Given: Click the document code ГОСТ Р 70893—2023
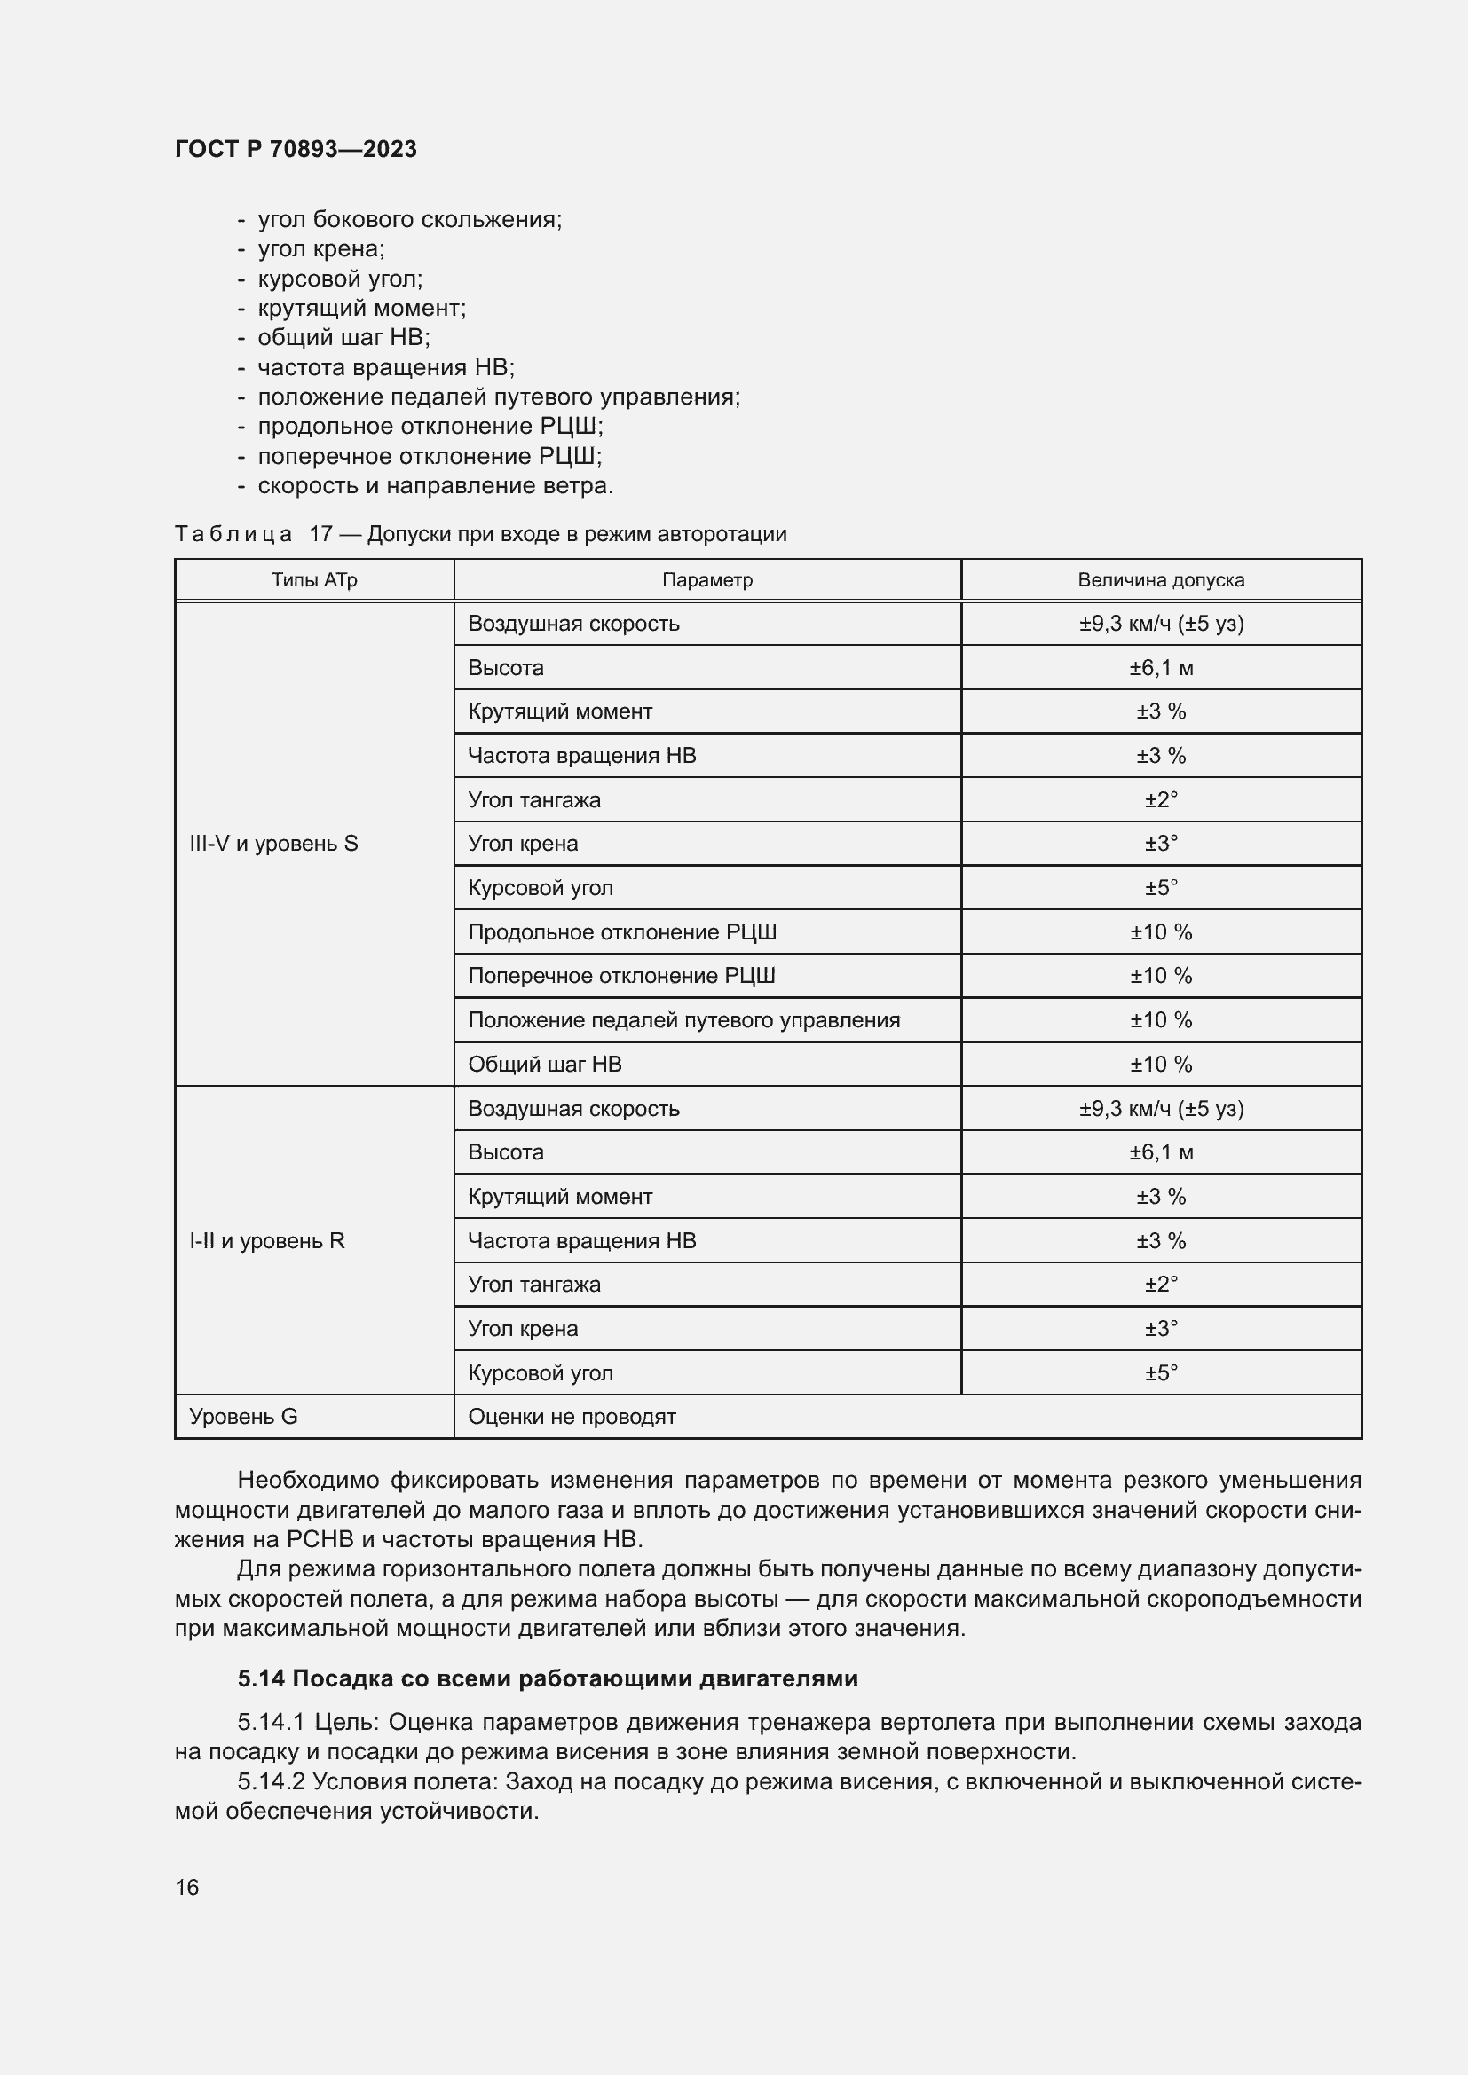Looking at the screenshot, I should (x=296, y=149).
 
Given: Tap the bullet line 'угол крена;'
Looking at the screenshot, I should (x=321, y=248).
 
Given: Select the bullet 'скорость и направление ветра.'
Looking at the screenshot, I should (x=435, y=485).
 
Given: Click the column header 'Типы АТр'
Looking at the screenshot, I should (x=313, y=580).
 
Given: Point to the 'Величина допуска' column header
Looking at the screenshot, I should (x=1161, y=580).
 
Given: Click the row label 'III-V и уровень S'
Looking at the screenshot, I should (x=273, y=843).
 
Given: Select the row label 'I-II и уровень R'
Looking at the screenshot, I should (x=266, y=1240).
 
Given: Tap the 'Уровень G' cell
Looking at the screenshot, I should (x=243, y=1416).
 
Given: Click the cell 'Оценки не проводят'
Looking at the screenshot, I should (x=572, y=1416).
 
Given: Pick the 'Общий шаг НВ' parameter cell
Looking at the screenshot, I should (x=544, y=1064).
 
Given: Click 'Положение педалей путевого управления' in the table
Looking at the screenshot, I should (x=683, y=1019).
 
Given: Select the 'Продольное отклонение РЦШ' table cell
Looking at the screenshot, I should (x=622, y=931).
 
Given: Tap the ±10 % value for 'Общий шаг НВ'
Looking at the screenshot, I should (x=1161, y=1064).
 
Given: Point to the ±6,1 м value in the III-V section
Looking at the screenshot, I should (x=1161, y=668).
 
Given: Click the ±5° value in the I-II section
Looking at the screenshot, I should (x=1161, y=1372).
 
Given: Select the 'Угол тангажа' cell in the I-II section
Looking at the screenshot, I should (x=533, y=1285).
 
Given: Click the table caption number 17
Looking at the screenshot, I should (x=321, y=534).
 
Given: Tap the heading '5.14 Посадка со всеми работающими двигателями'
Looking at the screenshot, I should (x=547, y=1678).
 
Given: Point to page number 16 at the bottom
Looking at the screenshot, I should (x=187, y=1887).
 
